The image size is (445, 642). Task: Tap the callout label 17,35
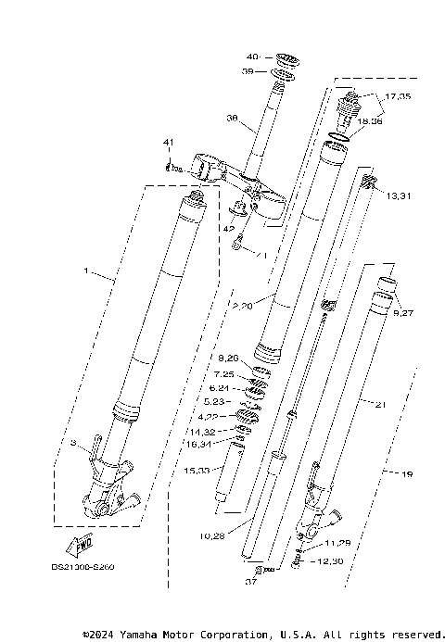pyautogui.click(x=398, y=94)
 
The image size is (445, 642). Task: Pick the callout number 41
pyautogui.click(x=168, y=143)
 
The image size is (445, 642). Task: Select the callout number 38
pyautogui.click(x=232, y=118)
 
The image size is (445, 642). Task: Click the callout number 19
pyautogui.click(x=405, y=474)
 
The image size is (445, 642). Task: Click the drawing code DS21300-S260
pyautogui.click(x=84, y=567)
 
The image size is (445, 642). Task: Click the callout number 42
pyautogui.click(x=227, y=228)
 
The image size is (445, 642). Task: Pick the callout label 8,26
pyautogui.click(x=228, y=359)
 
